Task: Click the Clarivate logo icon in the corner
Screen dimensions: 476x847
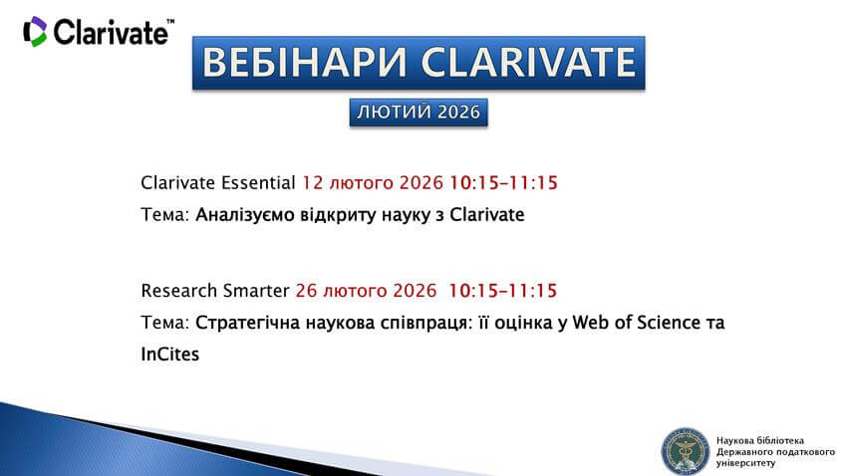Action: click(35, 32)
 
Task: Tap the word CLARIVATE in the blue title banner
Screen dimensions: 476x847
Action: click(527, 63)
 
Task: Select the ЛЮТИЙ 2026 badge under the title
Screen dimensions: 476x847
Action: click(419, 113)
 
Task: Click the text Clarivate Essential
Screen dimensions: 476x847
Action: click(218, 183)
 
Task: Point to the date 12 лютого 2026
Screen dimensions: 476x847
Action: click(372, 183)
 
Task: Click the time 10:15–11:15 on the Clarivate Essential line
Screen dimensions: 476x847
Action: click(502, 183)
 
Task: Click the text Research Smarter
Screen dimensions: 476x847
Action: click(215, 291)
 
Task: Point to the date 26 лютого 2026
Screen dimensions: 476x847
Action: click(367, 291)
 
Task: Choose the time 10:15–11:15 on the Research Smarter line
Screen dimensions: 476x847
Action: click(502, 291)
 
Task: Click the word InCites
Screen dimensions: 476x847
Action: click(170, 354)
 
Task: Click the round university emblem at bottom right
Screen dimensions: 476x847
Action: click(685, 449)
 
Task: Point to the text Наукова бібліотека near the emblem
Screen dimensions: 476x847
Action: click(759, 439)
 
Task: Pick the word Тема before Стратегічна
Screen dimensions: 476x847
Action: click(163, 323)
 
